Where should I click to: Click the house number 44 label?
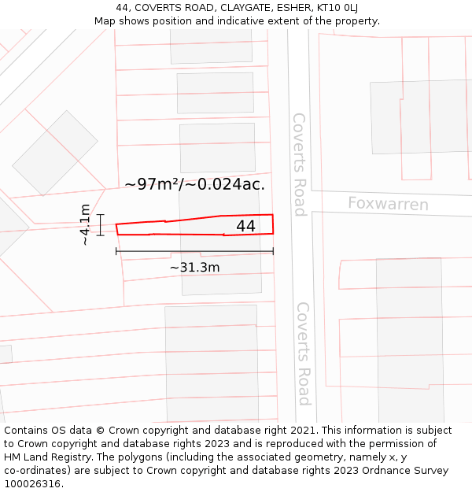pyautogui.click(x=245, y=226)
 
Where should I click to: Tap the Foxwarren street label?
pyautogui.click(x=388, y=205)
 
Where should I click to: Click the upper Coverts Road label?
pyautogui.click(x=299, y=164)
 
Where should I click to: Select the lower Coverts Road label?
pyautogui.click(x=303, y=353)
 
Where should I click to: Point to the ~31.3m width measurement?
pyautogui.click(x=194, y=268)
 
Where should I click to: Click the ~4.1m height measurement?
pyautogui.click(x=85, y=224)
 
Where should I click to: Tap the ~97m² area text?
pyautogui.click(x=153, y=184)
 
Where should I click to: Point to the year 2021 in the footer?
pyautogui.click(x=302, y=431)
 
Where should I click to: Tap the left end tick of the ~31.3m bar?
pyautogui.click(x=116, y=251)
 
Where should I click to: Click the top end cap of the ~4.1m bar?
pyautogui.click(x=101, y=214)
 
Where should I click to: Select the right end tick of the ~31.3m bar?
pyautogui.click(x=273, y=251)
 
